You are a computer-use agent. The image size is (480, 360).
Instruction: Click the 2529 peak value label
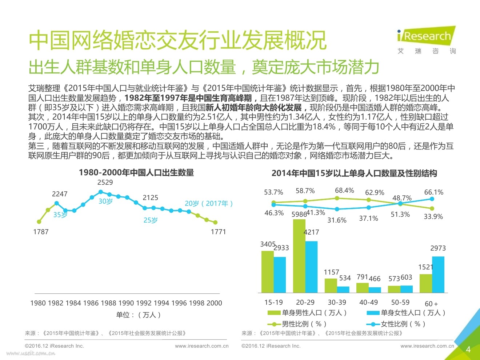click(x=105, y=182)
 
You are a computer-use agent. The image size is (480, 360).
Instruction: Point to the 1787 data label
click(x=41, y=232)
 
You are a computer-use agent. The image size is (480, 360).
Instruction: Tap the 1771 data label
click(x=218, y=232)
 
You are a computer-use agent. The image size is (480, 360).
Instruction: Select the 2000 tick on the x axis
click(x=214, y=303)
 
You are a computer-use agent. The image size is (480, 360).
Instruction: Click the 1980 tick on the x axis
click(x=38, y=303)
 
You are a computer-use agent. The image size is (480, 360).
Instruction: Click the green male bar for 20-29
click(x=299, y=256)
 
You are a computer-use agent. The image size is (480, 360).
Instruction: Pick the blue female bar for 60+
click(x=438, y=275)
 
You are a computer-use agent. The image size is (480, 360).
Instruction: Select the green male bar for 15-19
click(x=267, y=272)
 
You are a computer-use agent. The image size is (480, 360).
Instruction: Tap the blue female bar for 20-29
click(x=311, y=267)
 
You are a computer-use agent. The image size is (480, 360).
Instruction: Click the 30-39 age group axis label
click(x=337, y=303)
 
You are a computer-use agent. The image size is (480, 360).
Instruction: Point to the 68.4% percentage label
click(x=344, y=191)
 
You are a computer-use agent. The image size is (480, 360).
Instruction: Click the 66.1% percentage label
click(x=433, y=192)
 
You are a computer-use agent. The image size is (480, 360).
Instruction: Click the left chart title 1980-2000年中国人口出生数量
click(x=136, y=172)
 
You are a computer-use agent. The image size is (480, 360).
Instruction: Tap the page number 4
click(x=468, y=349)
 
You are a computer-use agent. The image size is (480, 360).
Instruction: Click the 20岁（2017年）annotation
click(x=209, y=204)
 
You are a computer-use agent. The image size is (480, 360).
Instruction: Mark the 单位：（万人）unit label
click(x=138, y=315)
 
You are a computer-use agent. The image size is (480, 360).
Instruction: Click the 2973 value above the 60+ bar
click(x=438, y=248)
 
